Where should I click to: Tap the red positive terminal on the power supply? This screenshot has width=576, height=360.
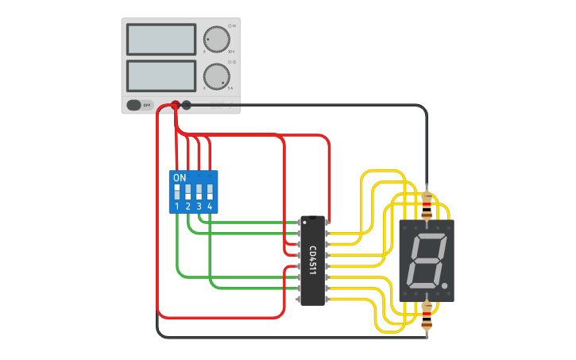coord(176,104)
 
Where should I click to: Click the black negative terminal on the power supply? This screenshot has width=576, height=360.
coord(187,104)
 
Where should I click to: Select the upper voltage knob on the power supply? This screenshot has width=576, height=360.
coord(215,38)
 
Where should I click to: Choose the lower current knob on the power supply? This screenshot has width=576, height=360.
coord(215,76)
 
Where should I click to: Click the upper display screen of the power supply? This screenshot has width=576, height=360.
coord(160,39)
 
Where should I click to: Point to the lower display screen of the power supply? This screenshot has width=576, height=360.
coord(160,75)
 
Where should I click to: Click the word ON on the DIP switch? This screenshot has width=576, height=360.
coord(180,177)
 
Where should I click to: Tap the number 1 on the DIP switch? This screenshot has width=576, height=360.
coord(177,206)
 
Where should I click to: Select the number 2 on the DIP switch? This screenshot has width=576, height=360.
coord(188,206)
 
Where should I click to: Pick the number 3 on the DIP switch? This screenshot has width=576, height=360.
coord(199,206)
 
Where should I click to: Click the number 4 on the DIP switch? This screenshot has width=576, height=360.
coord(210,206)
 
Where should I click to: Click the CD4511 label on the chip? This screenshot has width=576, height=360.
coord(312,260)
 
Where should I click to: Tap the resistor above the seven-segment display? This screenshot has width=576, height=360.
coord(427,207)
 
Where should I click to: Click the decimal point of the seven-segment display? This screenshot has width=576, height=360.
coord(445,285)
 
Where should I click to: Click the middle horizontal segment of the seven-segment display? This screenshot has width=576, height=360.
coord(423,261)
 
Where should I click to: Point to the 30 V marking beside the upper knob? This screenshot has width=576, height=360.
coord(231,50)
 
